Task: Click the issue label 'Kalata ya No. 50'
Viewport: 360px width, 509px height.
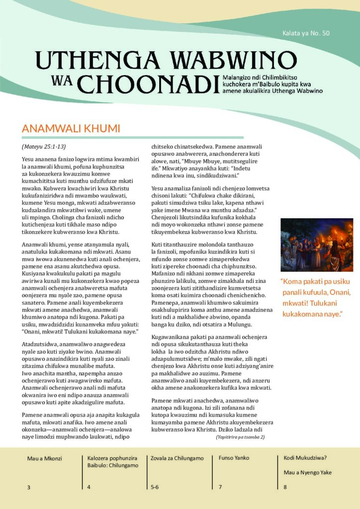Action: coord(306,34)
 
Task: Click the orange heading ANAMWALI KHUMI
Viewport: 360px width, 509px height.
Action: coord(71,129)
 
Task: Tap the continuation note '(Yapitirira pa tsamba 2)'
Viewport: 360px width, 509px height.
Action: coord(240,437)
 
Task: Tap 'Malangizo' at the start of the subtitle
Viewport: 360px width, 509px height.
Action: coord(242,78)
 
